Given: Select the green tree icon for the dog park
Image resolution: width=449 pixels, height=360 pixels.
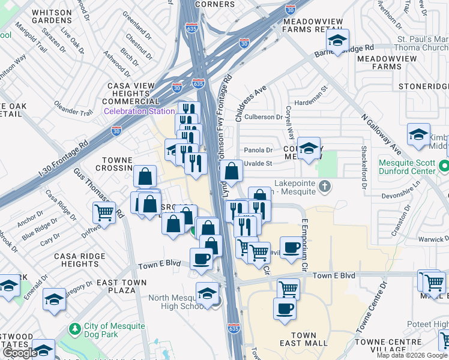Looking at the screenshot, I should [x=74, y=329].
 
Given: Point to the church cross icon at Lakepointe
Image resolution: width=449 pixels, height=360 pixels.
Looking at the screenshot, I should [x=325, y=185].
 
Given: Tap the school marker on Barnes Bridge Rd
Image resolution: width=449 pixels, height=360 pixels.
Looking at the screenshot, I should [x=337, y=41].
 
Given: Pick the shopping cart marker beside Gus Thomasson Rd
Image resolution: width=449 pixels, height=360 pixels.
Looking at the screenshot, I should [x=104, y=212].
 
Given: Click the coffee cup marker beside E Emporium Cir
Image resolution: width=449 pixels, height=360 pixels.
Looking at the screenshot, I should [x=292, y=247].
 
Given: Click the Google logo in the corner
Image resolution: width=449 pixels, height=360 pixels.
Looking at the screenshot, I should [x=20, y=353].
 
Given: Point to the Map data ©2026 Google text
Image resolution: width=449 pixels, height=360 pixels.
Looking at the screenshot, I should [x=412, y=355].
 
